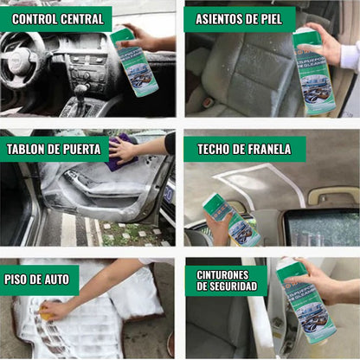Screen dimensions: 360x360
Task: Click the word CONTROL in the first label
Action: click(x=35, y=18)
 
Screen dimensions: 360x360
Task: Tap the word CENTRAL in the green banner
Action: click(x=81, y=18)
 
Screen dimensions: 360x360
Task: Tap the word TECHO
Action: click(x=215, y=149)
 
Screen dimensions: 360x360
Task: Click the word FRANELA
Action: click(x=267, y=149)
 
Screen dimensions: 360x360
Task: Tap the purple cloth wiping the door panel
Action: click(x=120, y=152)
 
